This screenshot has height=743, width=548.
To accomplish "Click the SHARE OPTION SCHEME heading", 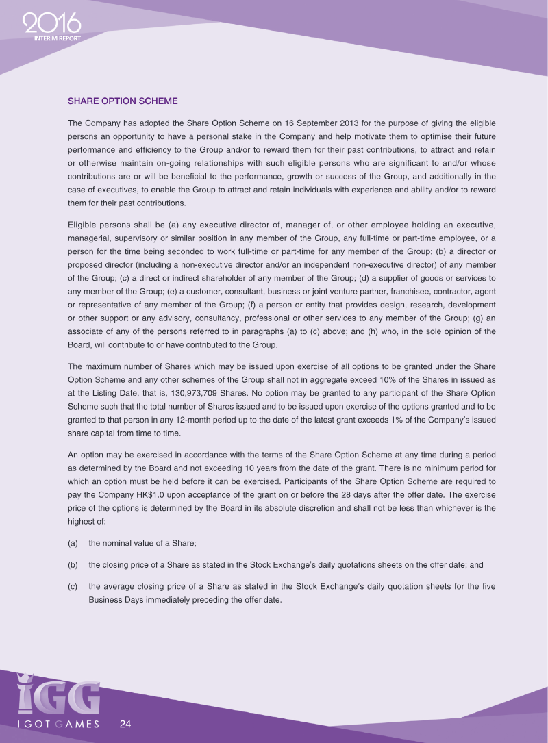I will (x=123, y=101).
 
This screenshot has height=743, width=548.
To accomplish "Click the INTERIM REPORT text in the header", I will (x=58, y=39).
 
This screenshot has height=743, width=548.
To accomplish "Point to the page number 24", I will (x=125, y=724).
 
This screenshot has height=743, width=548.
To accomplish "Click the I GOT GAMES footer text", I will (x=58, y=724).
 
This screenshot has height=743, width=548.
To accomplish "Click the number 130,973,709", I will (x=205, y=394).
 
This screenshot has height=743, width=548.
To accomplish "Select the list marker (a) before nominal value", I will (x=73, y=543).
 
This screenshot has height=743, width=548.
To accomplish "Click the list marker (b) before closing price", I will (x=73, y=565).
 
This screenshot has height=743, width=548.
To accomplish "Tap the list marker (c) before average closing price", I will (x=73, y=587).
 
